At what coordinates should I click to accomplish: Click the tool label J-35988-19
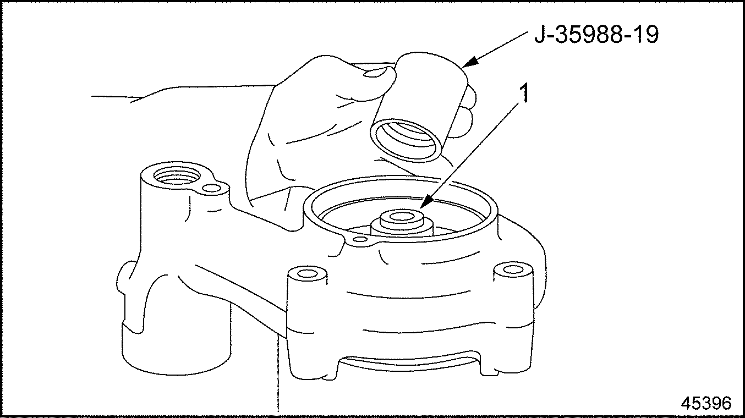coord(596,35)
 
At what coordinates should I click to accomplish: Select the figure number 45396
coord(706,403)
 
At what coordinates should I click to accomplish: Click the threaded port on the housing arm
coord(177,175)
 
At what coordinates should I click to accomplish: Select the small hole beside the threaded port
coord(211,189)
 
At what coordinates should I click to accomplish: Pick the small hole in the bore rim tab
coord(359,239)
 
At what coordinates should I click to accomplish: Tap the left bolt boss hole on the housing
coord(307,274)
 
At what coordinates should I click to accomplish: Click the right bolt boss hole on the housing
coord(512,269)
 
